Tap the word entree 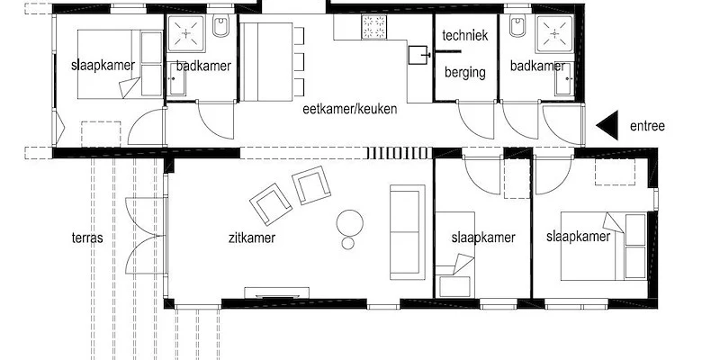[647, 126]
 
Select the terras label [87, 238]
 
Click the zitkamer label [252, 238]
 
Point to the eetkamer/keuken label [350, 109]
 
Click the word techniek [465, 35]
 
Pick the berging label [465, 73]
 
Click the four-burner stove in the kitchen [373, 27]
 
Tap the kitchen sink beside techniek [418, 55]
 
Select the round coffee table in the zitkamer [350, 222]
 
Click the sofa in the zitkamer [408, 232]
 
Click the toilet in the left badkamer [220, 26]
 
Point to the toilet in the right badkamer [517, 26]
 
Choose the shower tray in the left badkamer [186, 33]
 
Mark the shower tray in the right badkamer [554, 33]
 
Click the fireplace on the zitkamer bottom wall [276, 293]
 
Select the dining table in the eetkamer [267, 61]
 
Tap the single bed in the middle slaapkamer [455, 255]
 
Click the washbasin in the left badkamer [176, 79]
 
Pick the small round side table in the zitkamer [348, 243]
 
